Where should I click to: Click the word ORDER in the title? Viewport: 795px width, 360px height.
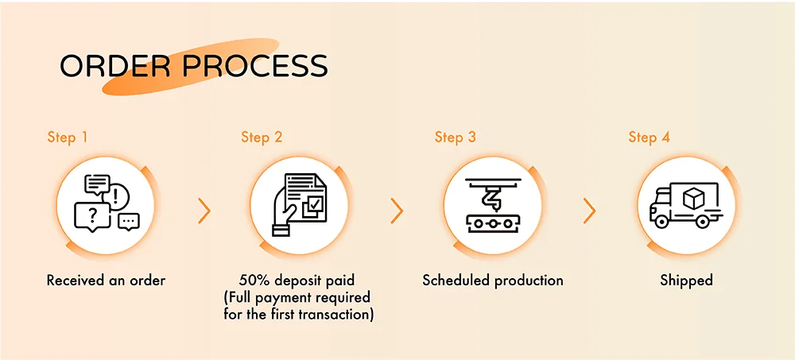116,65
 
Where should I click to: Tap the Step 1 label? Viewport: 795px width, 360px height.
68,137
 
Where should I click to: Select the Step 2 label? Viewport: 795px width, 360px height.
262,137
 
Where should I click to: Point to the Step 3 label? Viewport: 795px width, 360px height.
456,137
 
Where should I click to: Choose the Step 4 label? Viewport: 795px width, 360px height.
650,137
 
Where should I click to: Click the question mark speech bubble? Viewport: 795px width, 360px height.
92,217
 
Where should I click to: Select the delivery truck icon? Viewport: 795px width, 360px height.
687,205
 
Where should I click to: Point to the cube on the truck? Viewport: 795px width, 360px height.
692,197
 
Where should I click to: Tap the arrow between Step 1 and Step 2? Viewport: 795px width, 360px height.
204,211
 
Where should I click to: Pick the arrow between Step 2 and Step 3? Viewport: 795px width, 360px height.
397,211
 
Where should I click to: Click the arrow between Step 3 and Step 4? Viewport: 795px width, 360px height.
589,211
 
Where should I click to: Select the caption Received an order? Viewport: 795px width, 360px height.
106,280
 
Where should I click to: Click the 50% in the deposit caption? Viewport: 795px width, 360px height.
254,280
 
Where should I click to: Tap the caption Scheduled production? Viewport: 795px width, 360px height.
493,280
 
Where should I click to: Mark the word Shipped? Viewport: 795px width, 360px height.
687,281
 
